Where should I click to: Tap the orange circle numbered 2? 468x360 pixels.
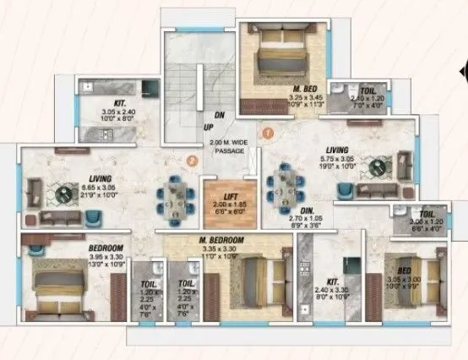[x=193, y=158]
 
